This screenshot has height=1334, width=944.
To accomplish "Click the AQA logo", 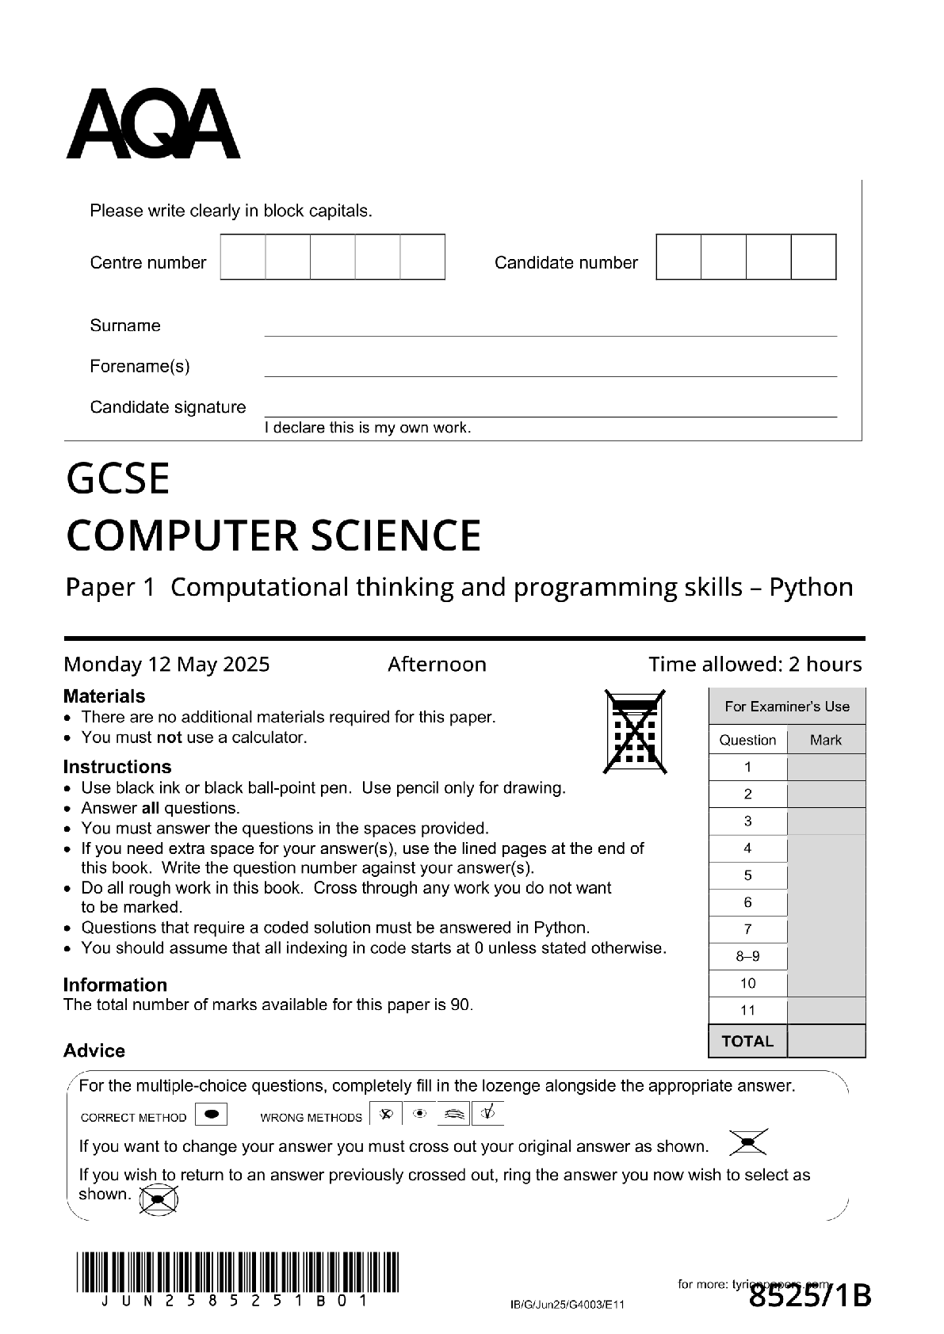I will (153, 124).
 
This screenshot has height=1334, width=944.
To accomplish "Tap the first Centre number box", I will (243, 257).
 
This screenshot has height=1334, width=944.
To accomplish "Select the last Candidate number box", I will (813, 257).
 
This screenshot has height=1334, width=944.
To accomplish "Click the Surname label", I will (125, 326).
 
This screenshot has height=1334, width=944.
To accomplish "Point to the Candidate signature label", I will (168, 407).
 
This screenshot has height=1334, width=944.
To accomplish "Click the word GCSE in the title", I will (118, 478).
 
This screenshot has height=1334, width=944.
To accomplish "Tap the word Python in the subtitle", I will (811, 587).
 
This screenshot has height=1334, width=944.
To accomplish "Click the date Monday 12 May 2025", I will (166, 664).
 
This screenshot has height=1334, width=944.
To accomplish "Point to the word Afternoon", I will (437, 664).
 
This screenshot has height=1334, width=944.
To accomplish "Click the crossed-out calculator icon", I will (635, 731).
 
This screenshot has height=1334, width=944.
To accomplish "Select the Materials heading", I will (104, 696).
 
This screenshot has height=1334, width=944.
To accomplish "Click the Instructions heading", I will (117, 767).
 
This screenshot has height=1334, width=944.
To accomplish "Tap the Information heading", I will (115, 985).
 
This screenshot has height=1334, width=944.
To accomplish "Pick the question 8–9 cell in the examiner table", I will (747, 956).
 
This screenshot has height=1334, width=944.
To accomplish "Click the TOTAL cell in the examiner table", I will (747, 1041).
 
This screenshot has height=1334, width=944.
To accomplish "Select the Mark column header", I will (826, 740).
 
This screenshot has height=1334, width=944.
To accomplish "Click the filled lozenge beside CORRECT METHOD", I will (211, 1114).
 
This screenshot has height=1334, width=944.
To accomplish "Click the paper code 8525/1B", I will (810, 1297).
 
